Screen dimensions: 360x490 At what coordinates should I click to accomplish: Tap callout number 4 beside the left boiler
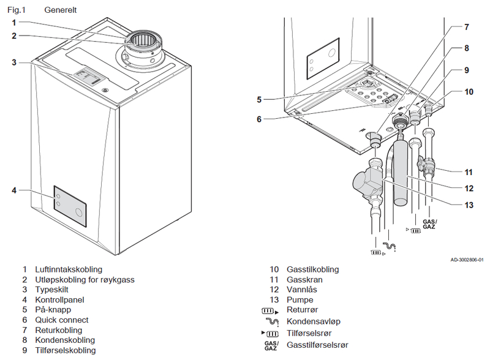tap(13, 190)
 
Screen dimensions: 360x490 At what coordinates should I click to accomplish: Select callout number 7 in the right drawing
tap(466, 27)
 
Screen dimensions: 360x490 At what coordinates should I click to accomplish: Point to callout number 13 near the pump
tap(468, 204)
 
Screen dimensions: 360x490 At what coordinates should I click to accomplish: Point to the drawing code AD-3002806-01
tap(467, 260)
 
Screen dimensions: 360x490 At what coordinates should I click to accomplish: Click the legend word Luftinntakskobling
tap(69, 269)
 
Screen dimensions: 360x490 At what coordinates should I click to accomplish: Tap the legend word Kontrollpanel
tap(59, 300)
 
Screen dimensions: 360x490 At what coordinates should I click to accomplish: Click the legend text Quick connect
tap(61, 320)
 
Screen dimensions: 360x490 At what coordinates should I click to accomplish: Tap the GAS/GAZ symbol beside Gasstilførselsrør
tap(271, 345)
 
